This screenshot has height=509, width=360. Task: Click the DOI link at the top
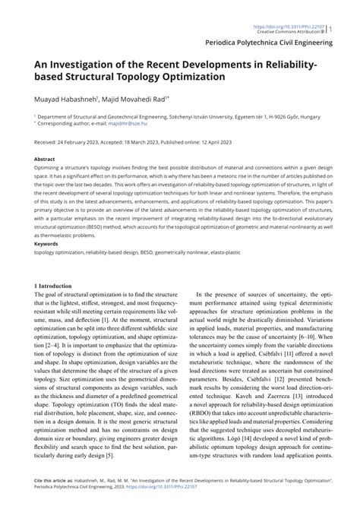coord(304,7)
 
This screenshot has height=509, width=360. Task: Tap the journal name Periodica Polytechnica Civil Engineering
coord(276,43)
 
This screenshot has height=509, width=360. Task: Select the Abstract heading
coord(45,160)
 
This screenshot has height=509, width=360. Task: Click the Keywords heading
coord(47,244)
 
